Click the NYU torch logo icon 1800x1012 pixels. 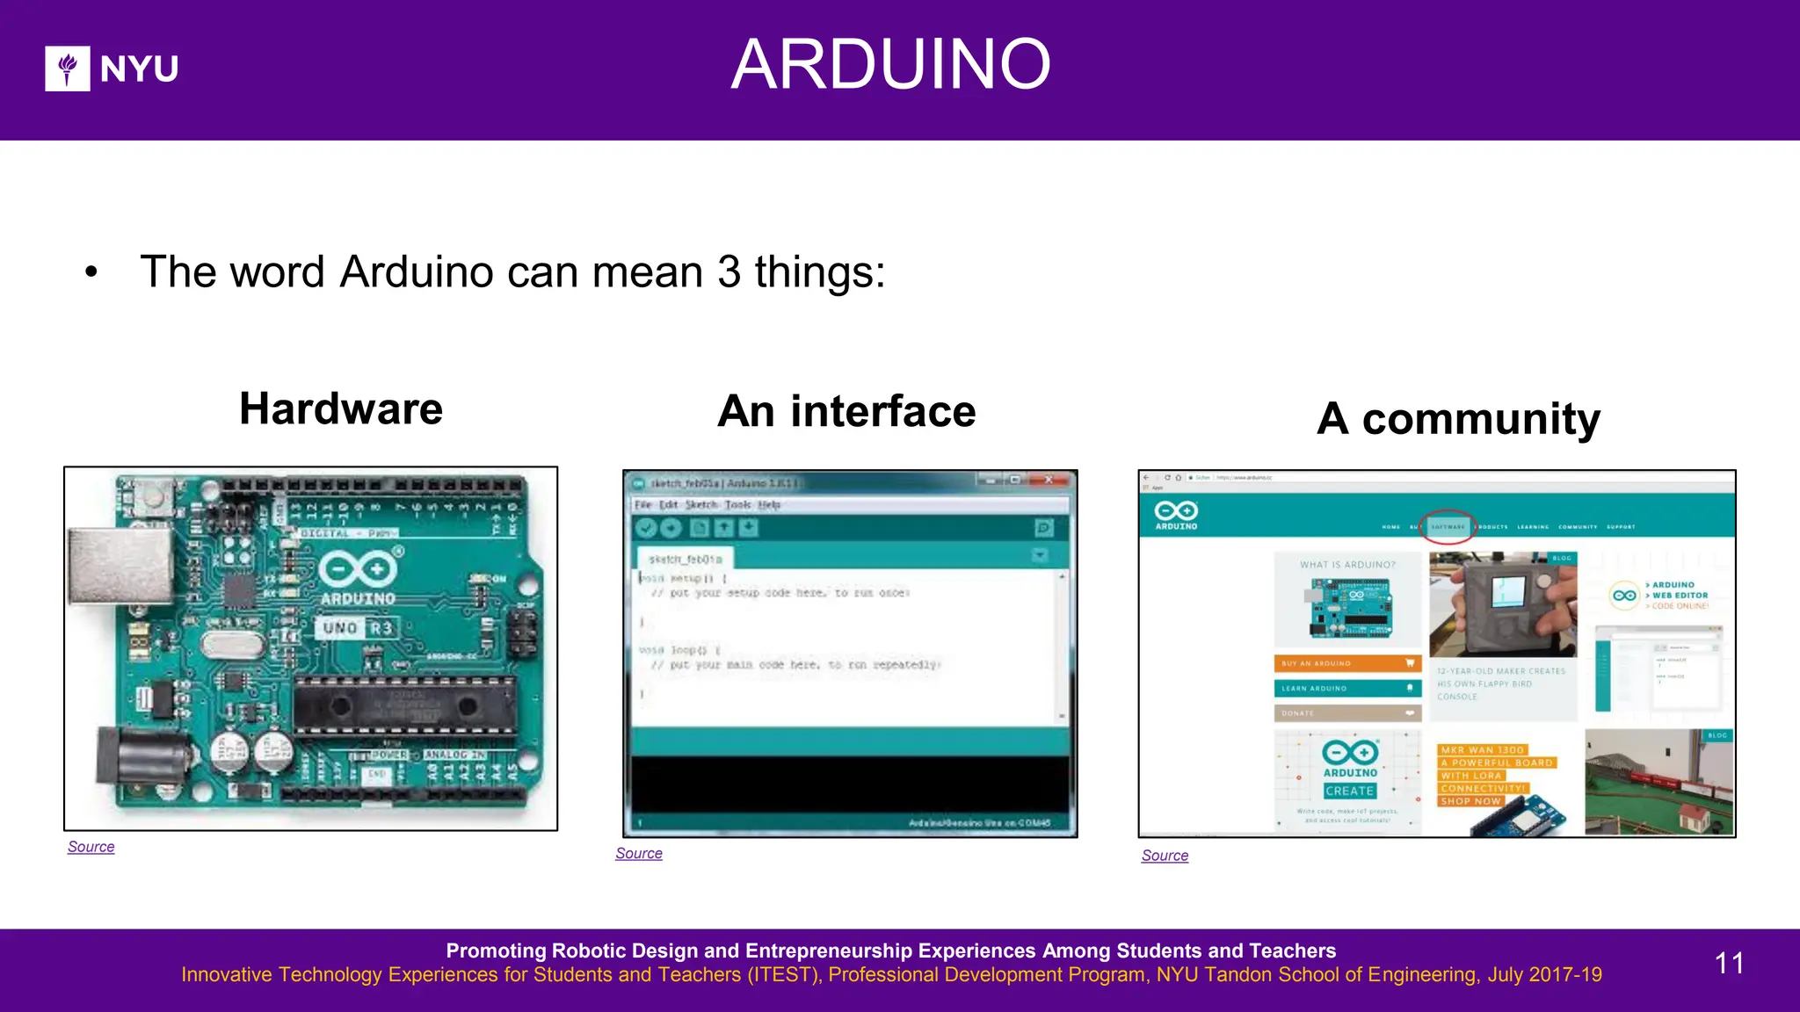[68, 69]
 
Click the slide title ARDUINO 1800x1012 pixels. [890, 64]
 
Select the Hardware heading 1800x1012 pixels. [341, 408]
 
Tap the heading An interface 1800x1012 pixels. [846, 411]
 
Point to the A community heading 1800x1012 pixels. [1458, 418]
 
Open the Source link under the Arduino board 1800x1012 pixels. [91, 847]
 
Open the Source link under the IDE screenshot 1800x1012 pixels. [639, 853]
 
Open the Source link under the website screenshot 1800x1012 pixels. [1165, 856]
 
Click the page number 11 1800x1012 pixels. [1729, 963]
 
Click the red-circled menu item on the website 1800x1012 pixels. [1448, 527]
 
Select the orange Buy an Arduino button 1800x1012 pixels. [1346, 663]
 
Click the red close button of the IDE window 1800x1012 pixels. [1049, 481]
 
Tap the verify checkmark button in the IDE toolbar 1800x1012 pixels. [646, 528]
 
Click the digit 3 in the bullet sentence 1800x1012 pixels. [729, 271]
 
